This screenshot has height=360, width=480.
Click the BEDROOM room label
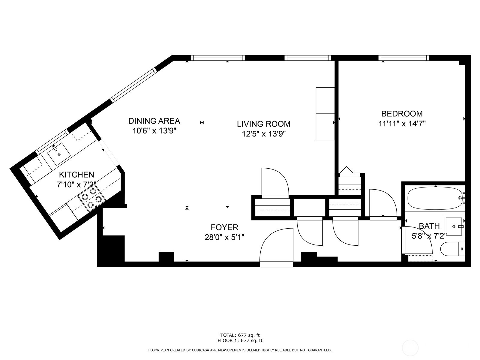pyautogui.click(x=402, y=114)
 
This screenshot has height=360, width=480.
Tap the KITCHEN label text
pyautogui.click(x=76, y=175)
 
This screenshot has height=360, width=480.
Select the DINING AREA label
pyautogui.click(x=154, y=121)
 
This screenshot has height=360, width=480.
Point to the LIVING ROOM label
pyautogui.click(x=264, y=124)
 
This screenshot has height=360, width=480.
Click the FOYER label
pyautogui.click(x=224, y=227)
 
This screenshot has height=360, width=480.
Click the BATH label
pyautogui.click(x=429, y=226)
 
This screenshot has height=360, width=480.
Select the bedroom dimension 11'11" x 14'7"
pyautogui.click(x=402, y=124)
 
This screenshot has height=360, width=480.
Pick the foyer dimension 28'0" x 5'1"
pyautogui.click(x=224, y=237)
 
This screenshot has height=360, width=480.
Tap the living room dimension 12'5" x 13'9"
pyautogui.click(x=264, y=134)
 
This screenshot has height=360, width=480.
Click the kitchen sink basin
pyautogui.click(x=59, y=154)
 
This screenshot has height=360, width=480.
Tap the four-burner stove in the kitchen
pyautogui.click(x=92, y=198)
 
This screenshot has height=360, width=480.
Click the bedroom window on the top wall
pyautogui.click(x=404, y=58)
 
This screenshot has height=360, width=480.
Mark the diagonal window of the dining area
pyautogui.click(x=134, y=85)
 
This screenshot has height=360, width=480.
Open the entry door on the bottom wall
pyautogui.click(x=276, y=247)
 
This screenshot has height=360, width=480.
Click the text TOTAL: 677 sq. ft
pyautogui.click(x=240, y=335)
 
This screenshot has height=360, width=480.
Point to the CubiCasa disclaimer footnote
pyautogui.click(x=240, y=350)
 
